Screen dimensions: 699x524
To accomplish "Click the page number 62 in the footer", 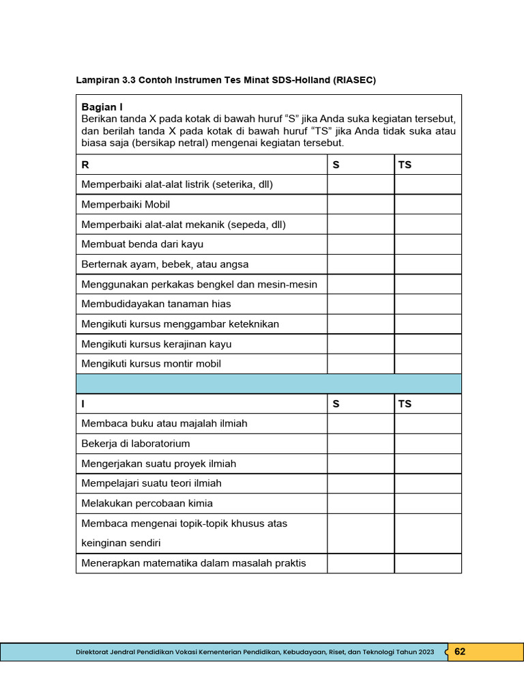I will (460, 652).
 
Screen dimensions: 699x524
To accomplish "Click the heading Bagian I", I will (102, 106).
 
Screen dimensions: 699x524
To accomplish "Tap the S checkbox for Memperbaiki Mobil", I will (360, 205).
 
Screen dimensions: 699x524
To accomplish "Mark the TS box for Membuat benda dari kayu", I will (427, 244).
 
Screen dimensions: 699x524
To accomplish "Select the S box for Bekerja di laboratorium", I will (360, 444).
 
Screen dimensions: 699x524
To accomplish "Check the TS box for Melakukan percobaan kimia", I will (427, 504).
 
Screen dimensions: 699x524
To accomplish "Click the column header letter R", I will (85, 165).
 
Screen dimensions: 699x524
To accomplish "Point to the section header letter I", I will (83, 404).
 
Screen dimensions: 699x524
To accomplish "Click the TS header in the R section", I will (405, 165).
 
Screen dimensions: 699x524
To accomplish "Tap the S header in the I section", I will (336, 404).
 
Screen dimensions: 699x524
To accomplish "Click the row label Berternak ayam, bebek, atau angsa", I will (165, 264).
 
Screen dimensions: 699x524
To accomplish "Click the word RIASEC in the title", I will (354, 80).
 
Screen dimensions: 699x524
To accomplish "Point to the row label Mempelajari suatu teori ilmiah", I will (151, 483).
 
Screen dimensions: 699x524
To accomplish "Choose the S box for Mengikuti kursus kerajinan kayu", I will (360, 344).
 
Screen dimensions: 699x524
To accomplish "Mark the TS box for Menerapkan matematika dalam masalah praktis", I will (427, 563).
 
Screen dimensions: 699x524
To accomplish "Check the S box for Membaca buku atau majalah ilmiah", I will (360, 424).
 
